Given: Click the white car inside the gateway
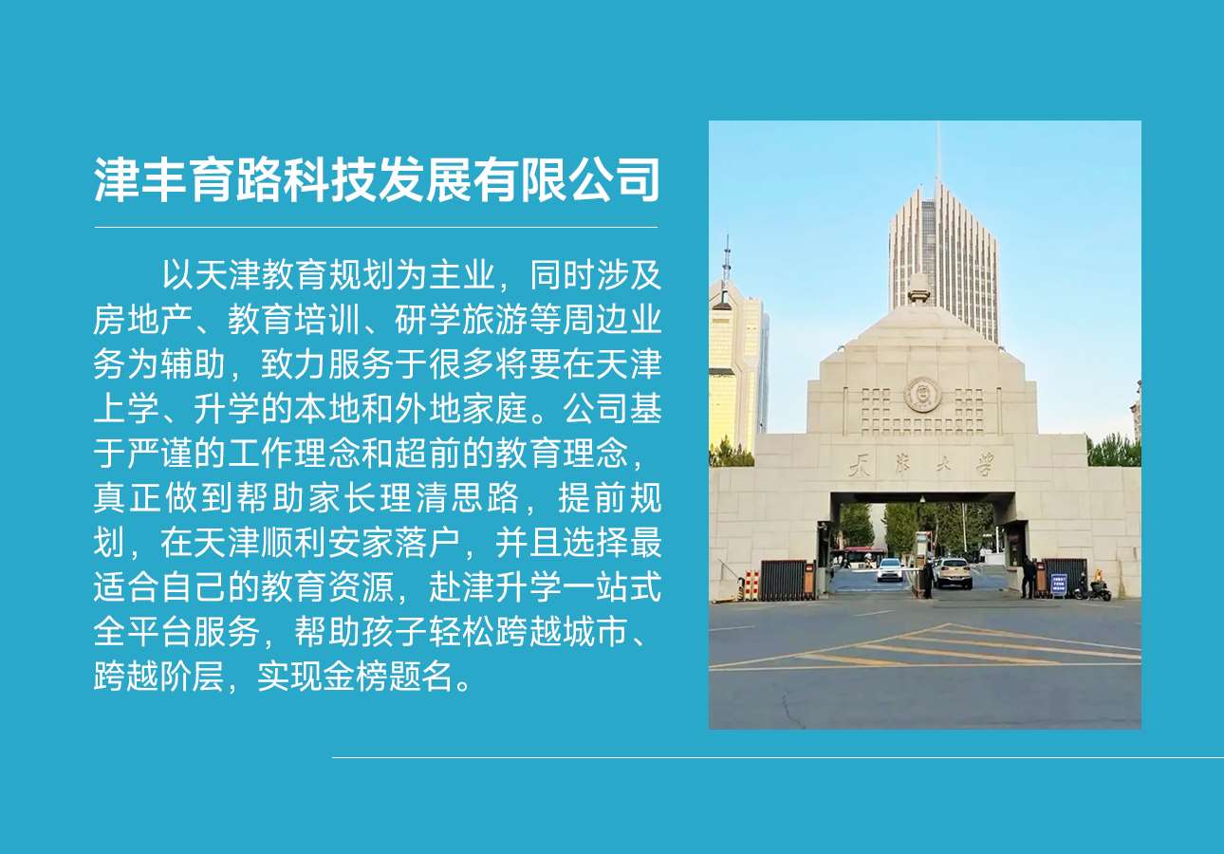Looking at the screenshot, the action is pos(890,569).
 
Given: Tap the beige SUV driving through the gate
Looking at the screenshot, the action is pos(953,572).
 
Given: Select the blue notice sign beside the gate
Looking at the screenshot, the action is pos(1059,585).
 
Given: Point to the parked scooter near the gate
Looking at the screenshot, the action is pos(1093,587).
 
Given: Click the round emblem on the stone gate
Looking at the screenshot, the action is pos(922,394).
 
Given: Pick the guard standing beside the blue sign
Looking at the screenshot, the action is pos(1029,578).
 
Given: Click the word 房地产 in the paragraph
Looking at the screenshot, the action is pos(142,320).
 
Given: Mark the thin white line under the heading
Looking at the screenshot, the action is pos(376,227).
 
